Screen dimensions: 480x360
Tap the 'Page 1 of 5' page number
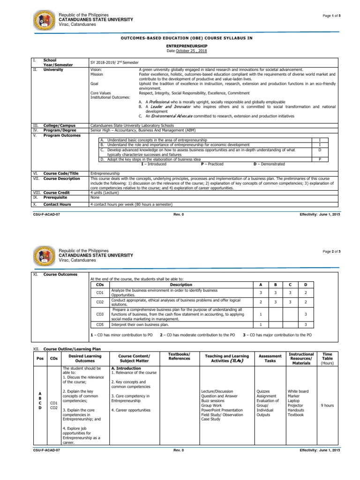(x=331, y=16)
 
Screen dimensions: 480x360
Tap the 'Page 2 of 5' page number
(x=331, y=252)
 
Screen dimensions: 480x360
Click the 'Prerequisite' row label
(x=56, y=197)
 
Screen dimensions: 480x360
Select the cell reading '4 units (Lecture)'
(x=105, y=193)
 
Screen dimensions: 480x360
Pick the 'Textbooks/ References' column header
(x=180, y=356)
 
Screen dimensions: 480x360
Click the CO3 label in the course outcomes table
(x=99, y=315)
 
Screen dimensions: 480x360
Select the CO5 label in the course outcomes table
(x=99, y=324)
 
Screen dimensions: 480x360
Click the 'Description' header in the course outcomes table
(x=181, y=285)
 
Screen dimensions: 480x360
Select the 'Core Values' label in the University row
(x=100, y=93)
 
